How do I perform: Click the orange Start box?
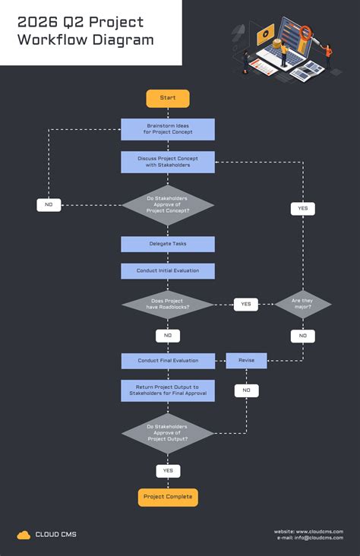pyautogui.click(x=168, y=98)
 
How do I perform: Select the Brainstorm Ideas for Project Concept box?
pyautogui.click(x=168, y=129)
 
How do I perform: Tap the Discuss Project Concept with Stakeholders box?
pyautogui.click(x=168, y=162)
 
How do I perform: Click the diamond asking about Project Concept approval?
pyautogui.click(x=168, y=205)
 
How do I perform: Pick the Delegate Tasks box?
pyautogui.click(x=168, y=244)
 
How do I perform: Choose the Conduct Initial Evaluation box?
pyautogui.click(x=168, y=271)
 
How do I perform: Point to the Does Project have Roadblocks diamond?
pyautogui.click(x=168, y=305)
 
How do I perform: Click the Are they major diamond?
pyautogui.click(x=302, y=305)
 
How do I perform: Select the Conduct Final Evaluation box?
pyautogui.click(x=168, y=361)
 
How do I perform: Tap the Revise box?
pyautogui.click(x=246, y=361)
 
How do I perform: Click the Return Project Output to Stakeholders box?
pyautogui.click(x=168, y=390)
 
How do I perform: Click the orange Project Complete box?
pyautogui.click(x=168, y=498)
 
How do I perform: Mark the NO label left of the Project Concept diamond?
pyautogui.click(x=49, y=205)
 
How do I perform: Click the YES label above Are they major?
pyautogui.click(x=302, y=208)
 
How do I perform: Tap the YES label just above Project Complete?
pyautogui.click(x=168, y=471)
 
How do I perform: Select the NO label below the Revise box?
pyautogui.click(x=246, y=390)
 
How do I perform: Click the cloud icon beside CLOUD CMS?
pyautogui.click(x=24, y=535)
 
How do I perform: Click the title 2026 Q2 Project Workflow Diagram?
pyautogui.click(x=85, y=32)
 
